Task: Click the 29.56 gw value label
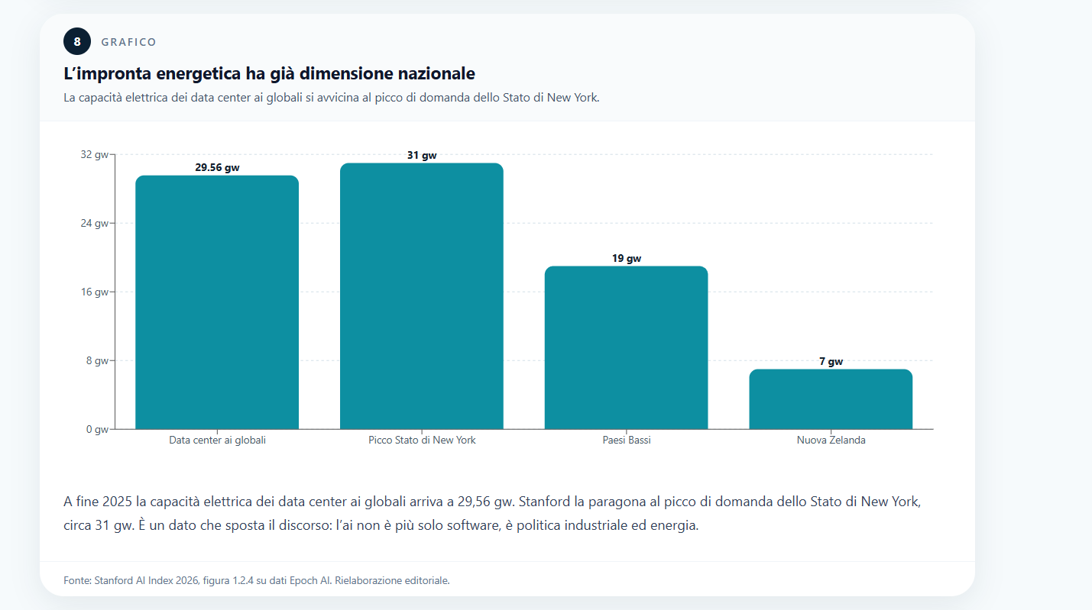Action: (x=217, y=168)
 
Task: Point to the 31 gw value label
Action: (x=422, y=156)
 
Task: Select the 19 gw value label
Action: (x=626, y=259)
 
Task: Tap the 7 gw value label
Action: (x=831, y=362)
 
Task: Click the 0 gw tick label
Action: (x=97, y=429)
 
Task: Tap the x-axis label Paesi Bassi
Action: (x=626, y=441)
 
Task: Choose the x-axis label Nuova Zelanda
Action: (x=831, y=441)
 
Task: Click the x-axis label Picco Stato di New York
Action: (x=422, y=441)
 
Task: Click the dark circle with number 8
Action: (x=77, y=42)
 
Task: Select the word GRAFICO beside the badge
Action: (x=128, y=43)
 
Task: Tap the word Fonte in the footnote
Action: (x=76, y=580)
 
